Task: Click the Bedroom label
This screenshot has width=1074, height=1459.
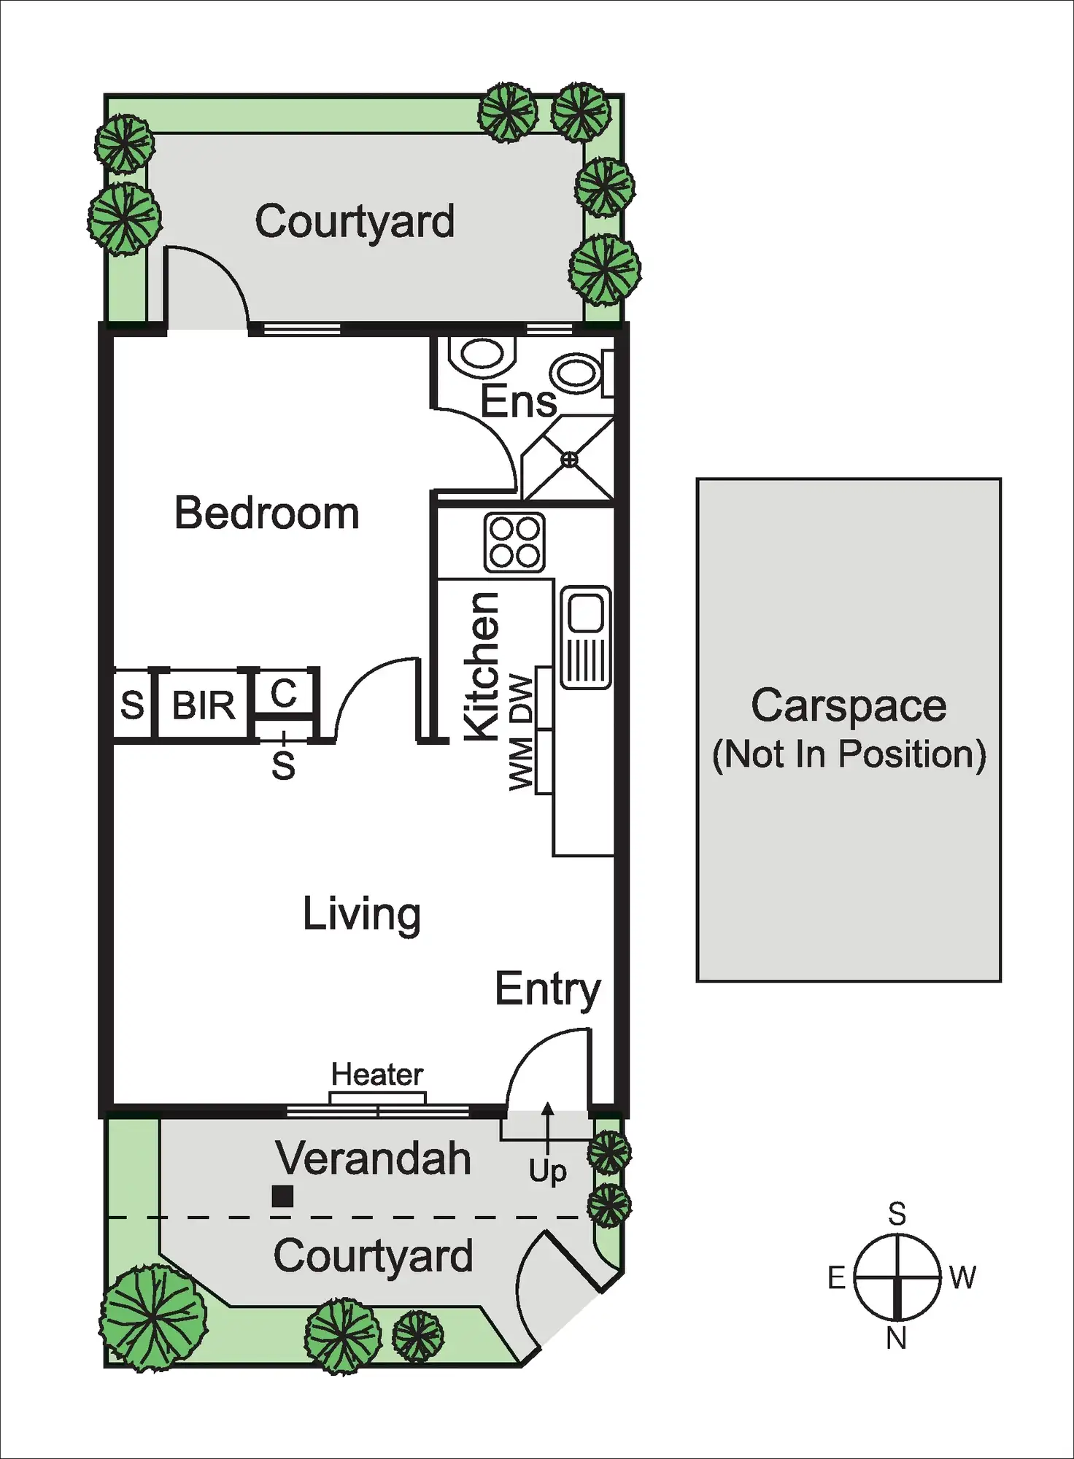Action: (x=266, y=513)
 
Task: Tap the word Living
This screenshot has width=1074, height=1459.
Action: (x=362, y=913)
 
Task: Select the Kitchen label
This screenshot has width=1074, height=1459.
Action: (x=482, y=667)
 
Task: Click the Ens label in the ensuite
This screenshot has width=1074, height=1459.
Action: (x=518, y=401)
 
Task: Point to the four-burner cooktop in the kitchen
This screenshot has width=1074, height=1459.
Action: (x=514, y=543)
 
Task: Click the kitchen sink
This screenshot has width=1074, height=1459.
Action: (x=586, y=637)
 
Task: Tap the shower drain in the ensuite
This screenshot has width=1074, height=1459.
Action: (x=570, y=460)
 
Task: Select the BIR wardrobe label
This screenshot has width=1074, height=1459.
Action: (x=204, y=705)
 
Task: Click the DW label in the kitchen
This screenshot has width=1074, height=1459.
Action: (x=522, y=698)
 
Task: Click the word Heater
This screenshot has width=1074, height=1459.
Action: (x=377, y=1074)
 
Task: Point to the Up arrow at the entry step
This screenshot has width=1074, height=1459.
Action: (x=547, y=1130)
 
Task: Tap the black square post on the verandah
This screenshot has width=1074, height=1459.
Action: (x=282, y=1196)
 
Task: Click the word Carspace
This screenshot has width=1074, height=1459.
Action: (x=849, y=705)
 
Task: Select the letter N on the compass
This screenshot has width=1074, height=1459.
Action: (x=896, y=1339)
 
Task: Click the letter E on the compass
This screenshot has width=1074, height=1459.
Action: (x=837, y=1278)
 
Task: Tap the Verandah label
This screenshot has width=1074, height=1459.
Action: (x=372, y=1158)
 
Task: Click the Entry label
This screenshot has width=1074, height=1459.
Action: (x=547, y=989)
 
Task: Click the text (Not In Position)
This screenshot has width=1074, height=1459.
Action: (x=849, y=754)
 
